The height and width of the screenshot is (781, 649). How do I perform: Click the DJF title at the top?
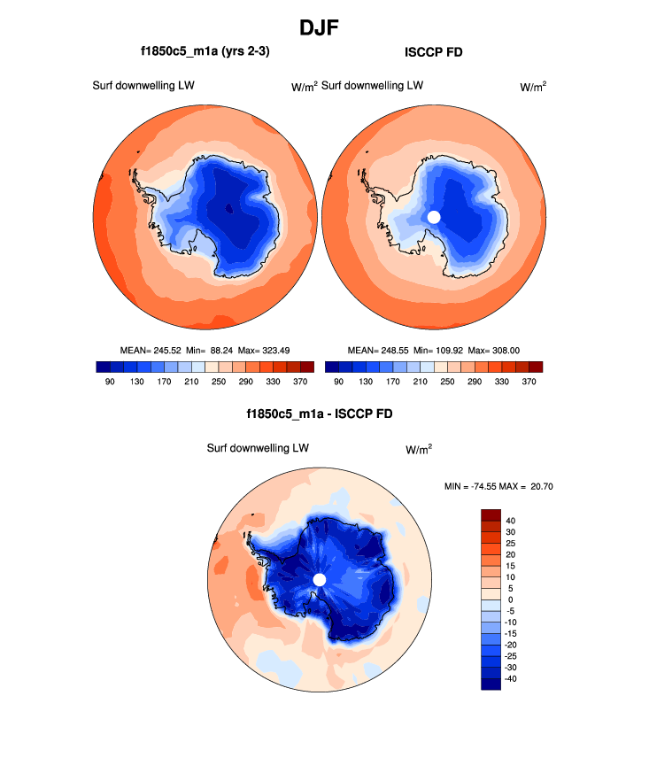pos(324,27)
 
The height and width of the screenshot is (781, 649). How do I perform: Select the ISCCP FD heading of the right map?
pos(433,52)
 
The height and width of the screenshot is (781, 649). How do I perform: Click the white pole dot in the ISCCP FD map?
pos(434,217)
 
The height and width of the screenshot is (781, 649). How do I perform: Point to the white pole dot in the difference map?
pos(320,579)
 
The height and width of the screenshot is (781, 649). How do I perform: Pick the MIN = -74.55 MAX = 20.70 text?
pos(498,486)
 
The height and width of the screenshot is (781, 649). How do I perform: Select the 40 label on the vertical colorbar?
pos(511,521)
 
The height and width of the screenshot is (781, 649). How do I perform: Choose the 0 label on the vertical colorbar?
pos(509,599)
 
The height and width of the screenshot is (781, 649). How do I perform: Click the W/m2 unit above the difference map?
pos(419,450)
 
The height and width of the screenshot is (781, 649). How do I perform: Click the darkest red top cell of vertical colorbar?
pos(491,514)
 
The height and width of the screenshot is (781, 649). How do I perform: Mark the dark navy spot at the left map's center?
pos(229,209)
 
